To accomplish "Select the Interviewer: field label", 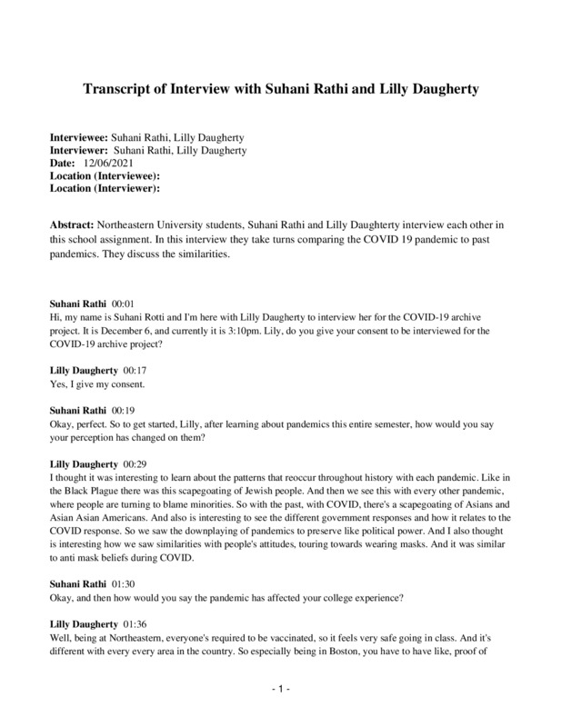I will (78, 151).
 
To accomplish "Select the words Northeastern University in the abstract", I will (151, 224).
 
